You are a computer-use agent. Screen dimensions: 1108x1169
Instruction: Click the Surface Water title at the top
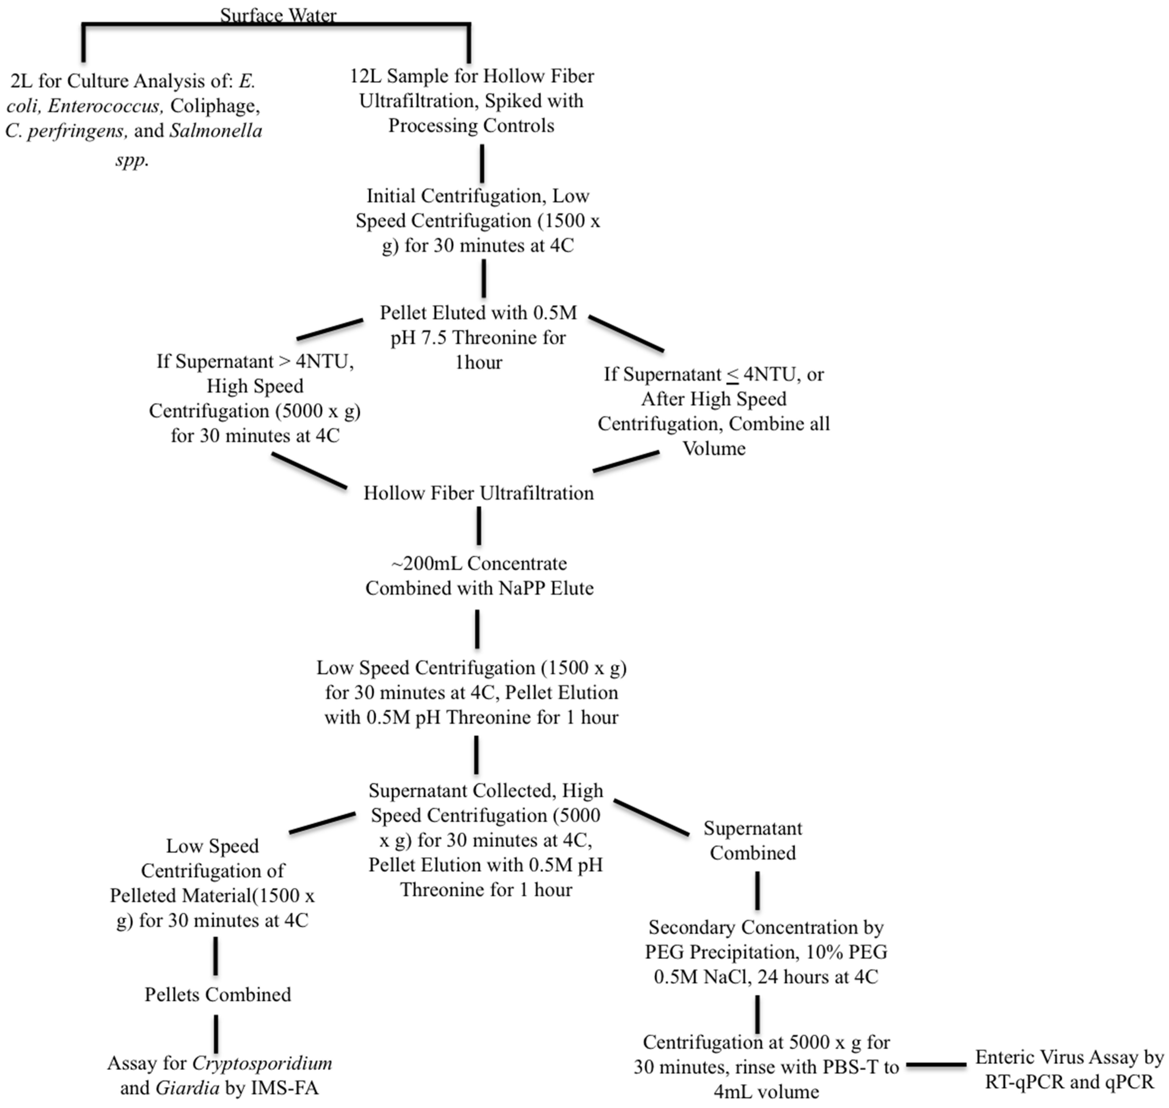pyautogui.click(x=278, y=15)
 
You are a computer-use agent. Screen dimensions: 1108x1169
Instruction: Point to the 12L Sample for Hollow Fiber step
pyautogui.click(x=471, y=100)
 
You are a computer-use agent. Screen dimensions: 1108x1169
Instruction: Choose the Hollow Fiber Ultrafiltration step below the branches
pyautogui.click(x=478, y=493)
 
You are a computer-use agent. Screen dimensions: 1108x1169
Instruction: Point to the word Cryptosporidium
pyautogui.click(x=262, y=1063)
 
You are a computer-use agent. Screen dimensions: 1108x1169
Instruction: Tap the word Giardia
pyautogui.click(x=187, y=1088)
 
